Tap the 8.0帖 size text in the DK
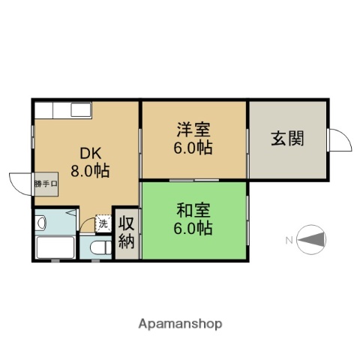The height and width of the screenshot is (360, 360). tap(90, 169)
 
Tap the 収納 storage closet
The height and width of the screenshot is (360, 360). tap(127, 232)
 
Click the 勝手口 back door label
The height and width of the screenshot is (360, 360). tap(44, 183)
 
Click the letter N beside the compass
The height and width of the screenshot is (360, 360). tap(289, 240)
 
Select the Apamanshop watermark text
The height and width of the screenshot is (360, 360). tap(180, 324)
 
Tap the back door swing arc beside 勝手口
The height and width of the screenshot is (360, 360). tap(18, 182)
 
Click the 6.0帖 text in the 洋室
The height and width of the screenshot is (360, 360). tap(193, 148)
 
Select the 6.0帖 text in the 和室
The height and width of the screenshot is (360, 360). tap(193, 228)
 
